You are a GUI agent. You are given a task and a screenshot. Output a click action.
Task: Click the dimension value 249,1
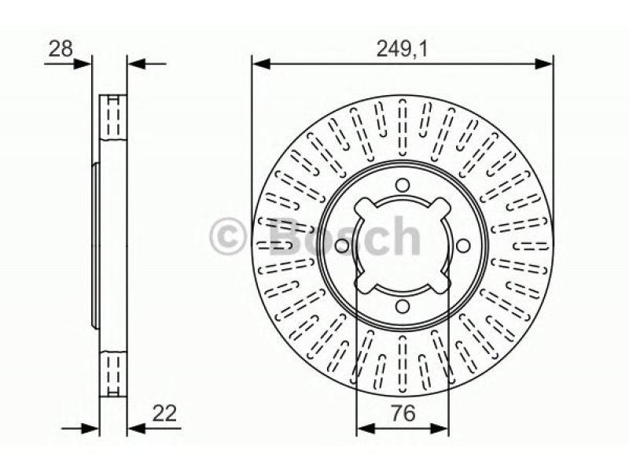(x=403, y=50)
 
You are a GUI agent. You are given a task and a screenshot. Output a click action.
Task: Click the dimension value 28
(x=61, y=49)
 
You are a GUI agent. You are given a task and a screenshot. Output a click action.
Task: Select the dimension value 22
(x=164, y=414)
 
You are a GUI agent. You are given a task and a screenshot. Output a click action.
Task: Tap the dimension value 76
(x=403, y=414)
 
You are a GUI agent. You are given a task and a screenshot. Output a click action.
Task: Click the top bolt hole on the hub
(x=402, y=186)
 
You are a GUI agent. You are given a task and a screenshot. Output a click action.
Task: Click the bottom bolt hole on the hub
(x=402, y=307)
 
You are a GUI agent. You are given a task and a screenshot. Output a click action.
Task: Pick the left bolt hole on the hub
(x=341, y=246)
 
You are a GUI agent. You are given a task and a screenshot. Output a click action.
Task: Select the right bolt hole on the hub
(x=462, y=245)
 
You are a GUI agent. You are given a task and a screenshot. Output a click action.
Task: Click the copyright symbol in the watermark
(x=227, y=237)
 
